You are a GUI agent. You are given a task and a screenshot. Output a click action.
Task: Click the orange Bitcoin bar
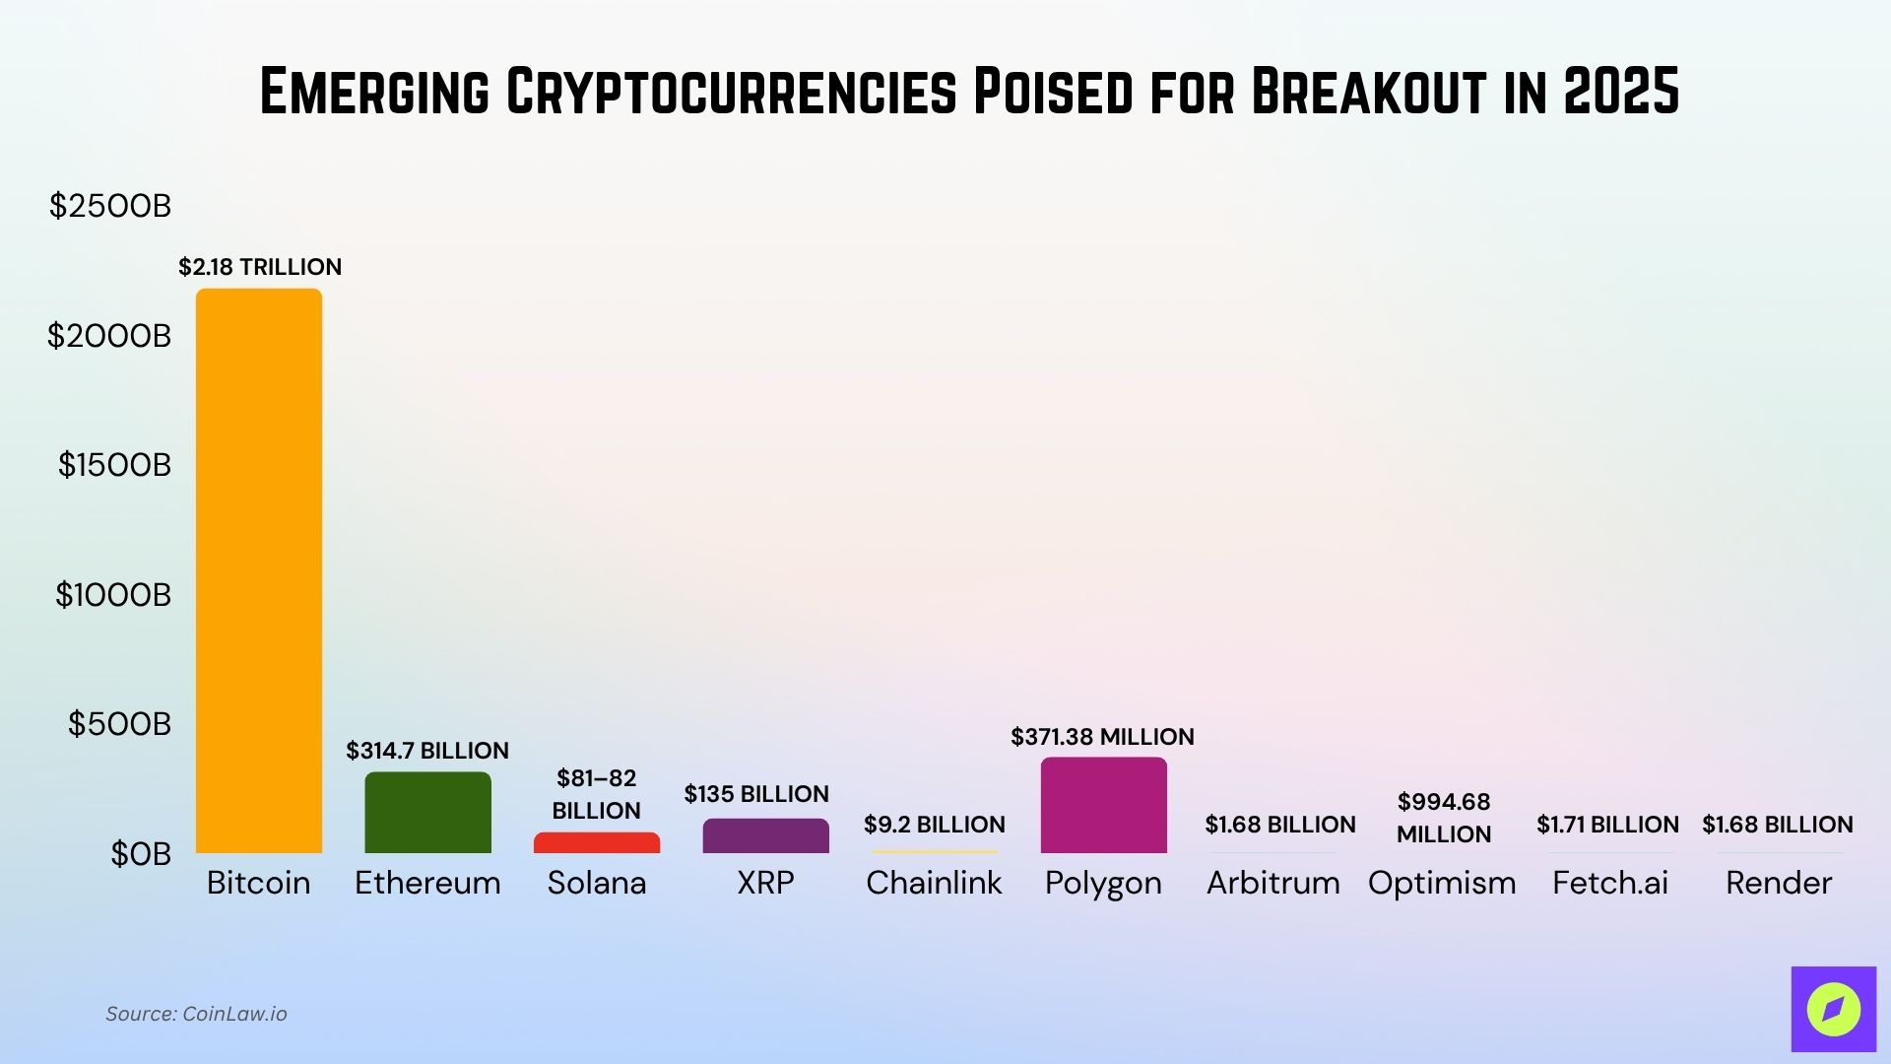(x=259, y=571)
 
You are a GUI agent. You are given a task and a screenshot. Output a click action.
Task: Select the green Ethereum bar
(x=427, y=813)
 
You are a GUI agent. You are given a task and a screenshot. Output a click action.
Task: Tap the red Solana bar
(x=597, y=843)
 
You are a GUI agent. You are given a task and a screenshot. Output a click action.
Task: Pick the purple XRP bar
(x=765, y=836)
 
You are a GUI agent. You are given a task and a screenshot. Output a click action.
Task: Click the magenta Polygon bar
(x=1103, y=806)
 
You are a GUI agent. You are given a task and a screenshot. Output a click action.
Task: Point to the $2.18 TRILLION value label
(x=260, y=267)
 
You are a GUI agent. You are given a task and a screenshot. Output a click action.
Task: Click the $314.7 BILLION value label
(x=427, y=751)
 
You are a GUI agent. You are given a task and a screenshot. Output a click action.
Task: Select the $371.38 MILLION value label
(x=1102, y=737)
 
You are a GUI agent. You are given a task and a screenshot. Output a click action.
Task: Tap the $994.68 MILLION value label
(x=1444, y=818)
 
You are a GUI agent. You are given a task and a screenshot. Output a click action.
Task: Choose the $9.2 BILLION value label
(x=934, y=825)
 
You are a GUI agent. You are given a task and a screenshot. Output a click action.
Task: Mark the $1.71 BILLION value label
(x=1607, y=825)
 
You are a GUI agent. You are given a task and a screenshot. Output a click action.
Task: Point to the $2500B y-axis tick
(x=110, y=206)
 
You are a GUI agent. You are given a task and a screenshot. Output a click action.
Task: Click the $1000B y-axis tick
(x=113, y=595)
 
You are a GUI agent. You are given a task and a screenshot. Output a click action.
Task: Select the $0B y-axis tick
(x=141, y=854)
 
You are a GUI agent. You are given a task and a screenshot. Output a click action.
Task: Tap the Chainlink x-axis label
(x=934, y=883)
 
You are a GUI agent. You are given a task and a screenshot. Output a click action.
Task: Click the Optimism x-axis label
(x=1442, y=883)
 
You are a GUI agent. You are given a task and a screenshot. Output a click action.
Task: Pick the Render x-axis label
(x=1779, y=883)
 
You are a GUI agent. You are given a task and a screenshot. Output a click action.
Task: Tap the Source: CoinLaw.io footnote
(x=196, y=1014)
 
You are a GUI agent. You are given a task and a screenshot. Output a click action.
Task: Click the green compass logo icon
(x=1833, y=1009)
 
